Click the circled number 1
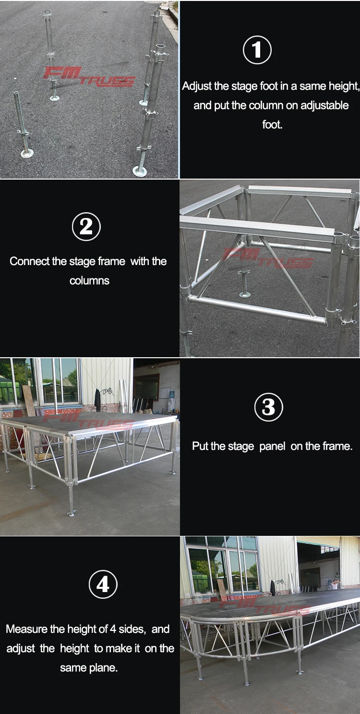tap(257, 50)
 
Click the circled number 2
tap(86, 226)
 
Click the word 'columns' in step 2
tap(89, 281)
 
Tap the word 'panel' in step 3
tap(272, 447)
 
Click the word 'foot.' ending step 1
tap(272, 125)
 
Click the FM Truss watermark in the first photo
tap(89, 77)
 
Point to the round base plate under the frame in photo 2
tap(245, 293)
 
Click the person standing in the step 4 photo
tap(335, 585)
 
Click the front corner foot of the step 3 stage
tap(71, 513)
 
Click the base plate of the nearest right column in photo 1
tap(140, 171)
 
